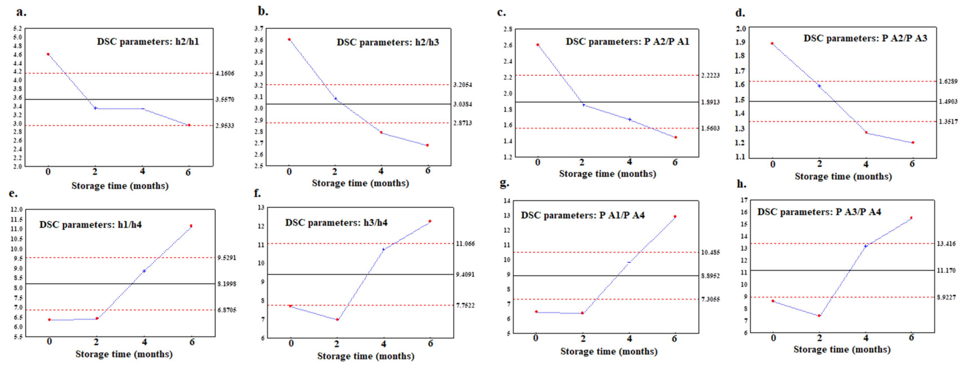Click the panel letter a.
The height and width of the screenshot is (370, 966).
21,12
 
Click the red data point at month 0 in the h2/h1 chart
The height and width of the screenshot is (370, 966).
48,54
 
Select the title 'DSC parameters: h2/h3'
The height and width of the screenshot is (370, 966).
387,42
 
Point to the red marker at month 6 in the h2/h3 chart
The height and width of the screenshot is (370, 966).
427,145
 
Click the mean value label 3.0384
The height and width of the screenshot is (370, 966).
462,104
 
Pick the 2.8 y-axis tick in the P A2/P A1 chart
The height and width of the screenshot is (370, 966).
508,29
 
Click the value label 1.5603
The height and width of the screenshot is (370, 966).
710,128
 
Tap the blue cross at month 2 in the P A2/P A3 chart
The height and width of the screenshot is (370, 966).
819,86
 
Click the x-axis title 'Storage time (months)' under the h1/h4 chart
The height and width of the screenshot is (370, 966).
124,354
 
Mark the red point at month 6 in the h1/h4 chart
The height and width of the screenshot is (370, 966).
191,226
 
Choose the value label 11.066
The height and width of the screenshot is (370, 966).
465,244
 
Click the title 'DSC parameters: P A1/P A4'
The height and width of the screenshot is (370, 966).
582,216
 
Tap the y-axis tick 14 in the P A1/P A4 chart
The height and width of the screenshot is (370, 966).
507,201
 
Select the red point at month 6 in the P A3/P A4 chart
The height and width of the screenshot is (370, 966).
911,218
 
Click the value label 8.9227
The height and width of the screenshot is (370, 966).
946,298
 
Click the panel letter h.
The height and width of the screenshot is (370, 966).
741,184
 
